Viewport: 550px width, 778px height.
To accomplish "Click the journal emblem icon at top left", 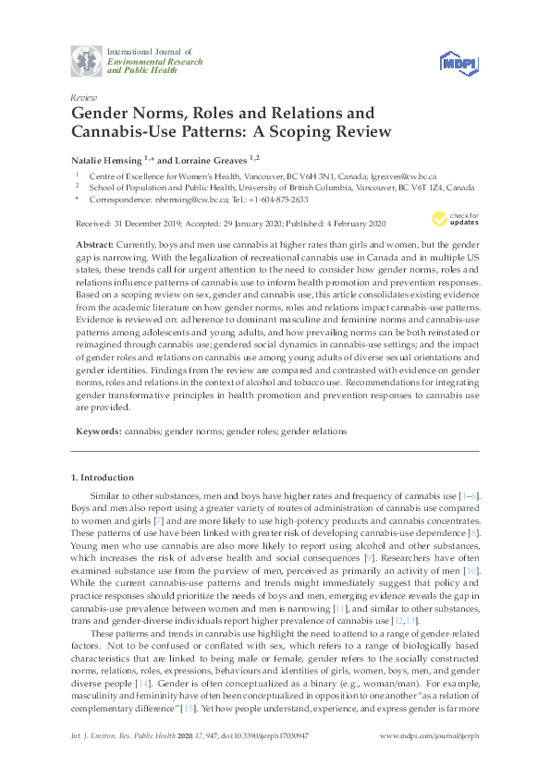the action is point(86,61).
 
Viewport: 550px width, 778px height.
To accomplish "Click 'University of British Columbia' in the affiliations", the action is point(267,186).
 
